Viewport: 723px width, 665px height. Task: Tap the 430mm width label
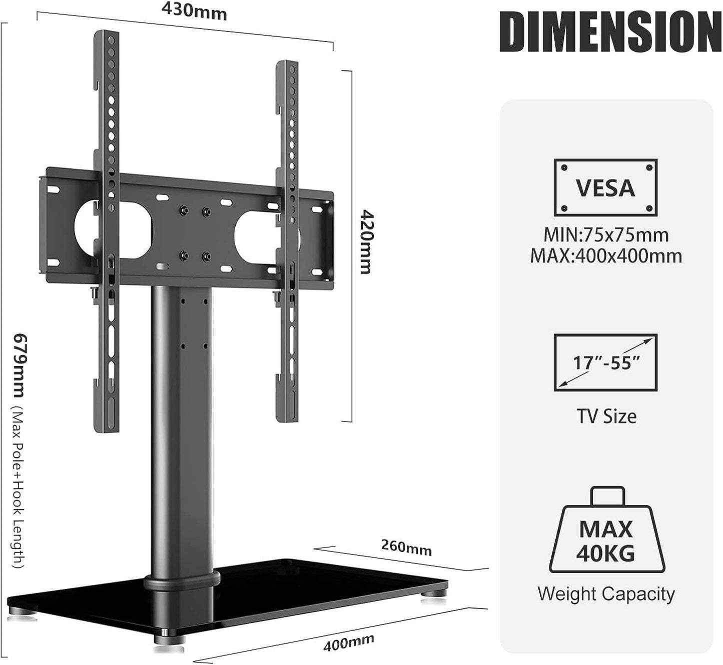coord(194,11)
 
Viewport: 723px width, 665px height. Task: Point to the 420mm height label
coord(366,242)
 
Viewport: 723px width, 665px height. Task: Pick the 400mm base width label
coord(349,641)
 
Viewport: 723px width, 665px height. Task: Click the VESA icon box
coord(605,188)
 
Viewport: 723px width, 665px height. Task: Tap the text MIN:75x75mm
coord(606,234)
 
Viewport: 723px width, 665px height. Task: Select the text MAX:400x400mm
coord(606,256)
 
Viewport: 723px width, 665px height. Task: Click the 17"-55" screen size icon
coord(605,362)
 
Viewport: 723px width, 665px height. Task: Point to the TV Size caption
coord(606,416)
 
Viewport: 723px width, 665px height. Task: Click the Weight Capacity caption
coord(606,594)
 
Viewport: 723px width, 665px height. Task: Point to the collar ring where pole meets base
coord(182,581)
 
